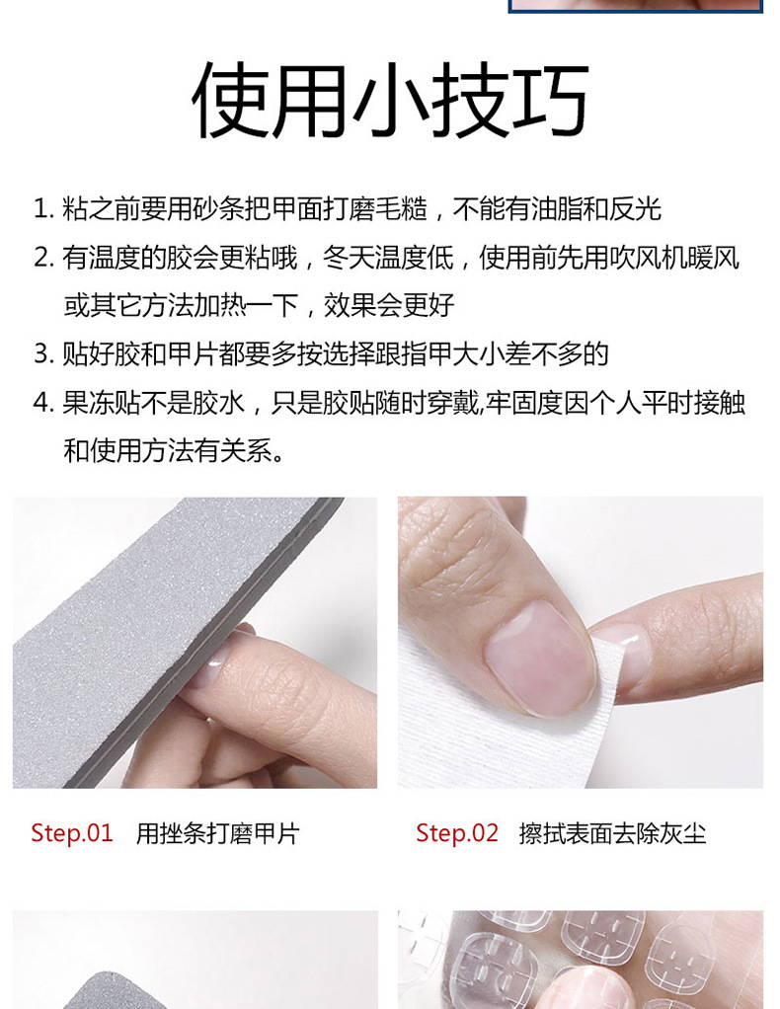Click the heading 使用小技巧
point(390,100)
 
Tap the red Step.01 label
point(72,832)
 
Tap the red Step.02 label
point(457,832)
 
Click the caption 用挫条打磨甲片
point(217,833)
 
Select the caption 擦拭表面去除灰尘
point(613,833)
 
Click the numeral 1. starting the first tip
point(43,209)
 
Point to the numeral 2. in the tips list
point(43,258)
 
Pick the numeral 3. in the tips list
point(43,353)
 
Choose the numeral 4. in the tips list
point(43,403)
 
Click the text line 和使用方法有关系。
point(175,450)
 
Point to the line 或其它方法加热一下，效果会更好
point(259,306)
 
